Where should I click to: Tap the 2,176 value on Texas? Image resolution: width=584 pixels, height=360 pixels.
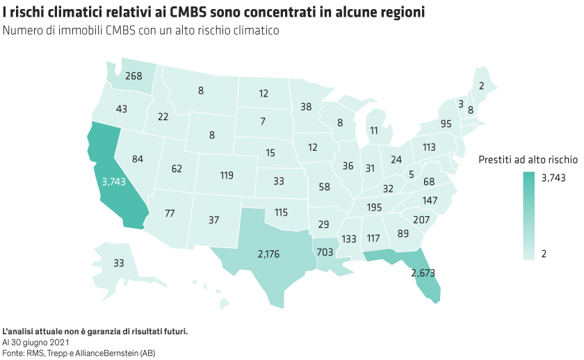coord(268,254)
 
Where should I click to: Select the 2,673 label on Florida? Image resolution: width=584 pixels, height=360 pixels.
coord(423,272)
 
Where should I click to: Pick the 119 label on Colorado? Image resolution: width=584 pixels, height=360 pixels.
coord(226,175)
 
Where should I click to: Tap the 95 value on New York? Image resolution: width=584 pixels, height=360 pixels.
coord(446,124)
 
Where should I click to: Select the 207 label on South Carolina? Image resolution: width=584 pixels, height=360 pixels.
coord(421,220)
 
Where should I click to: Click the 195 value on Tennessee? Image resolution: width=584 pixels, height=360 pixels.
coord(375,208)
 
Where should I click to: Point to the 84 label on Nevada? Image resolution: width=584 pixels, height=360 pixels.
coord(137,160)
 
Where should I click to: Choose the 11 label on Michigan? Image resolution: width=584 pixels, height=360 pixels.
coord(374,131)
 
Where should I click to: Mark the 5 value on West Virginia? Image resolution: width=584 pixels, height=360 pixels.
coord(411,174)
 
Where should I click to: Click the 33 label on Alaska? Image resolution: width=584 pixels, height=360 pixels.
coord(118,263)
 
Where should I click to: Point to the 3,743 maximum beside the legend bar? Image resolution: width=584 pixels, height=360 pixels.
coord(553,177)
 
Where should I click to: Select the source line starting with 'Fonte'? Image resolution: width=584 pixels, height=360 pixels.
coord(79,353)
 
